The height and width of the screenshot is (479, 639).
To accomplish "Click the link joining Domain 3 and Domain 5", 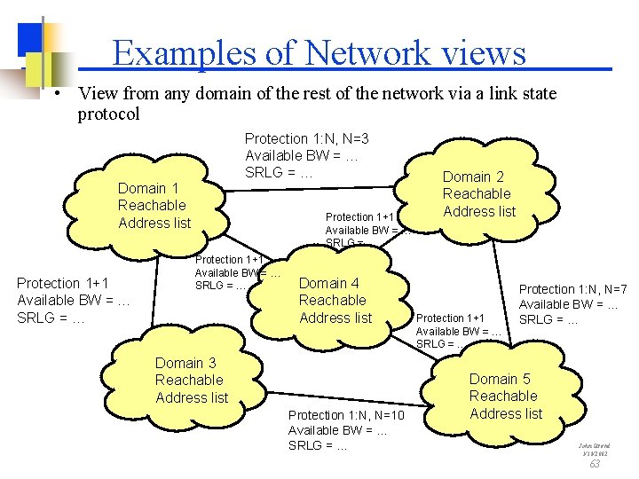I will point(355,394).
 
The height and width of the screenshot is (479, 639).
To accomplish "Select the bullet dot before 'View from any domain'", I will point(56,94).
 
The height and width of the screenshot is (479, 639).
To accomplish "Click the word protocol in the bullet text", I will point(108,114).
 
